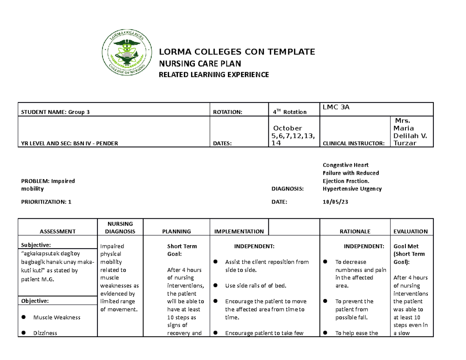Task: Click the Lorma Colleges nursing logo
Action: point(125,53)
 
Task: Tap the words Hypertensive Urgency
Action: point(352,189)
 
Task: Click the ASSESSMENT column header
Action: point(57,231)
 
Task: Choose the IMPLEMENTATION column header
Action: point(239,231)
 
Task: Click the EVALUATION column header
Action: point(410,231)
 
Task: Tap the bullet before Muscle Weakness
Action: point(24,317)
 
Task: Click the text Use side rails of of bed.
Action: point(256,286)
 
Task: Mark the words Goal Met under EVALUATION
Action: point(406,246)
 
